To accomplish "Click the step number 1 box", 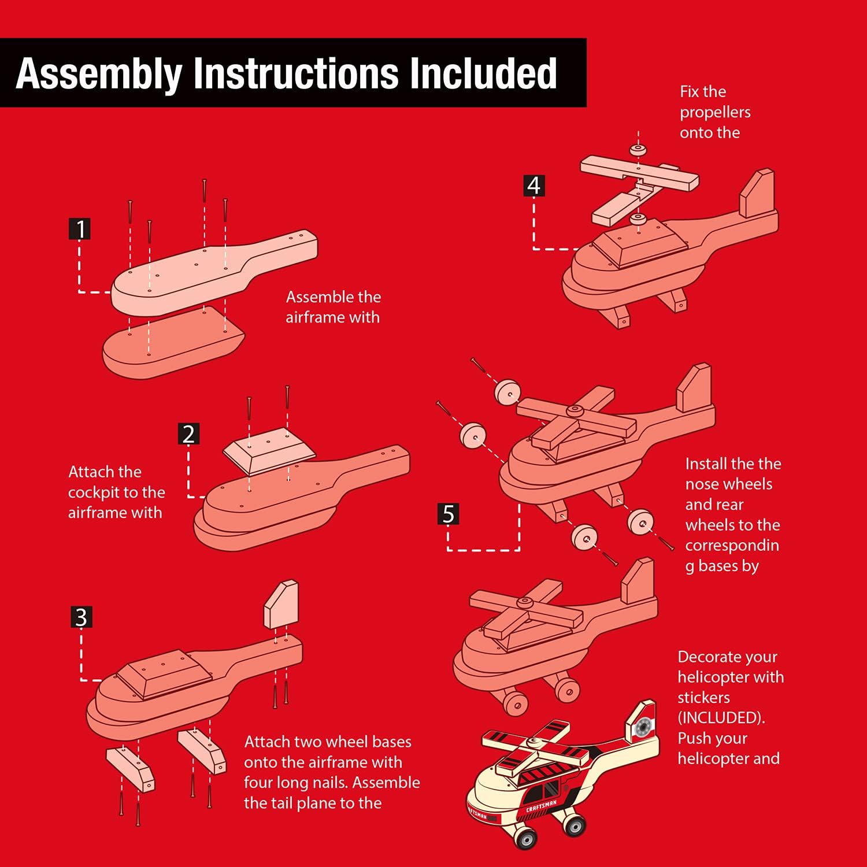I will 80,229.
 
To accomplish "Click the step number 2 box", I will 188,433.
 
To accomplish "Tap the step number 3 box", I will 81,617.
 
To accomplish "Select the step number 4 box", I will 533,186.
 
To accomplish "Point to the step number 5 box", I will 448,514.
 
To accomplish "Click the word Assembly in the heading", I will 99,74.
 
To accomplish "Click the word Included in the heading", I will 483,73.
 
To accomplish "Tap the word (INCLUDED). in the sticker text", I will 721,718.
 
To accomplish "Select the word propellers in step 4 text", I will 715,112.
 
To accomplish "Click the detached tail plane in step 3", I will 281,605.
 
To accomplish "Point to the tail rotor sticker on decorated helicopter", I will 642,727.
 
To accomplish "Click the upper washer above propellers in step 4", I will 638,149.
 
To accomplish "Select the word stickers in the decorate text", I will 703,698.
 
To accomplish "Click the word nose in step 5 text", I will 700,484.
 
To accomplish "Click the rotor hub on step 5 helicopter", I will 574,410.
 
